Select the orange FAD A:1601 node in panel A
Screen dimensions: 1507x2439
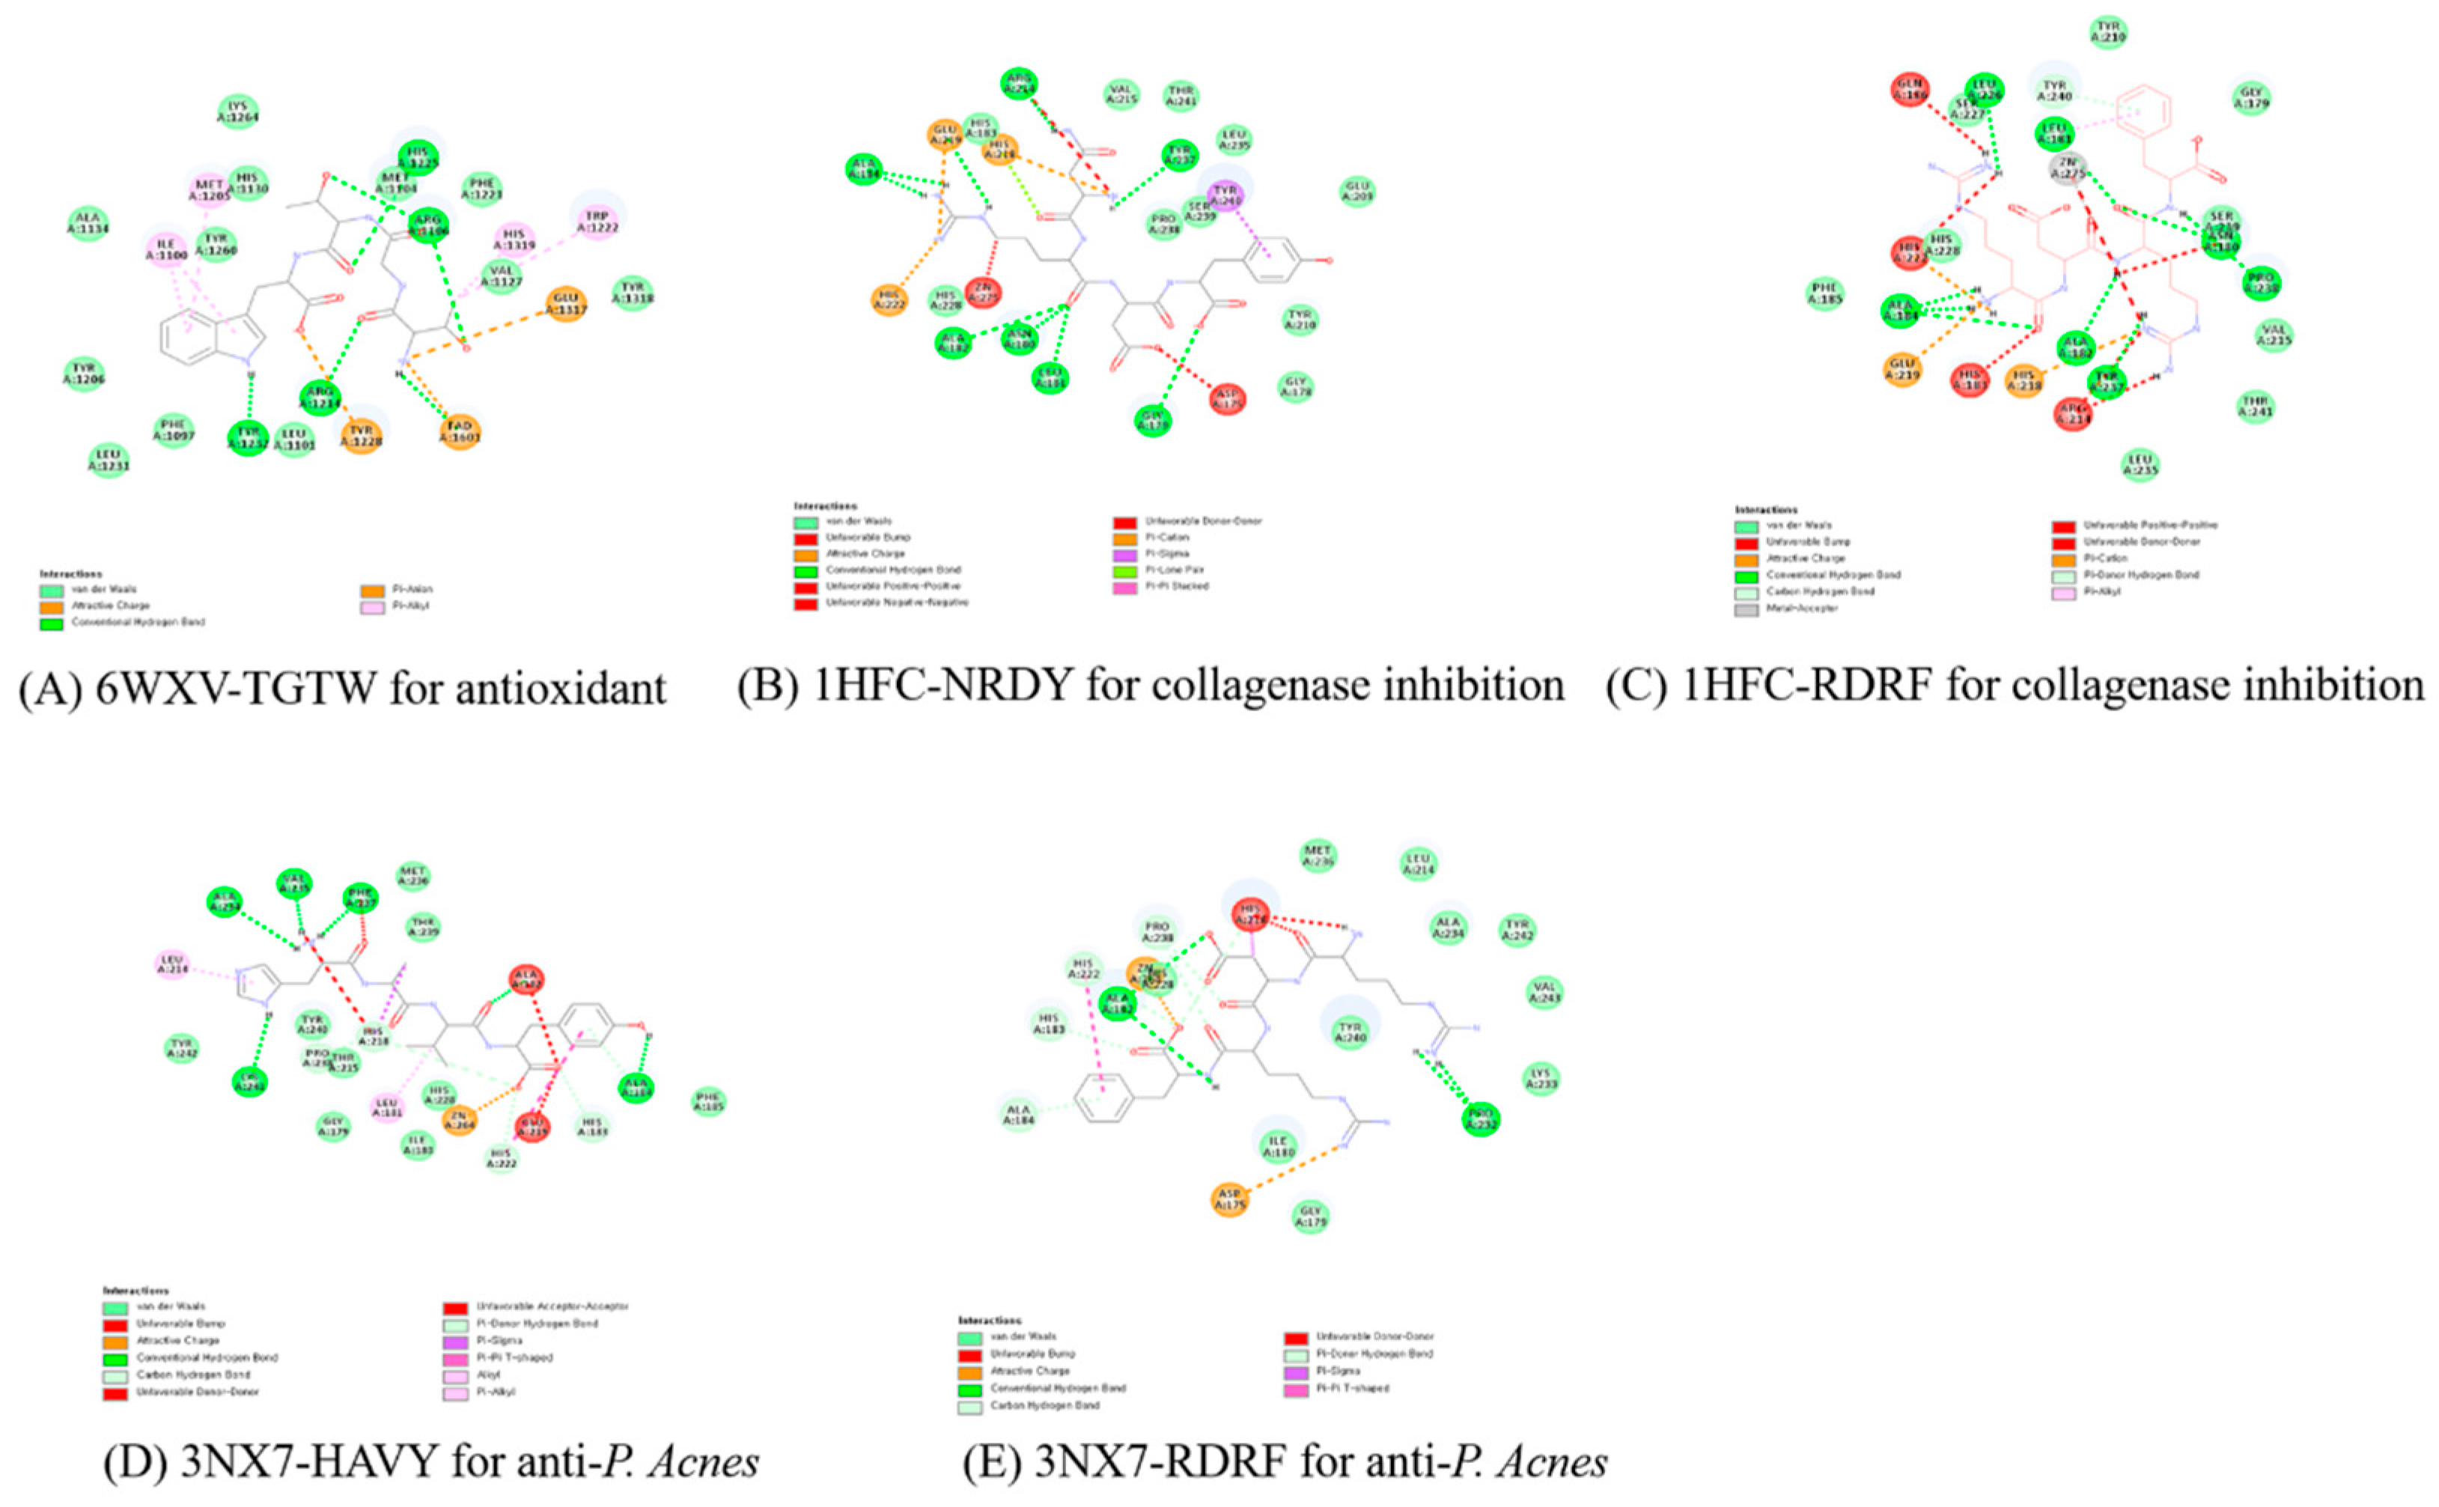tap(460, 430)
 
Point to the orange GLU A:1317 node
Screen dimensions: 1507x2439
tap(565, 304)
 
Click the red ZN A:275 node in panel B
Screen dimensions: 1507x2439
tap(983, 293)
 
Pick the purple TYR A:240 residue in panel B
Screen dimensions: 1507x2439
tap(1225, 193)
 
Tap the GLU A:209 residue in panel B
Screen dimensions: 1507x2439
tap(1356, 192)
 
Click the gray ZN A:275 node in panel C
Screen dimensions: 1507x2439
tap(2070, 168)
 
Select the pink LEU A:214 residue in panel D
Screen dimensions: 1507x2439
tap(171, 963)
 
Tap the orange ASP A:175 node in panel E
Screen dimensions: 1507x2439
tap(1230, 1197)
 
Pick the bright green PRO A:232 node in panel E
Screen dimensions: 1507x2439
tap(1481, 1119)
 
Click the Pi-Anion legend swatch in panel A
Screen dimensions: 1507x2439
tap(372, 590)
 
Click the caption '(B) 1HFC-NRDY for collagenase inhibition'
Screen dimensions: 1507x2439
tap(1150, 686)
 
